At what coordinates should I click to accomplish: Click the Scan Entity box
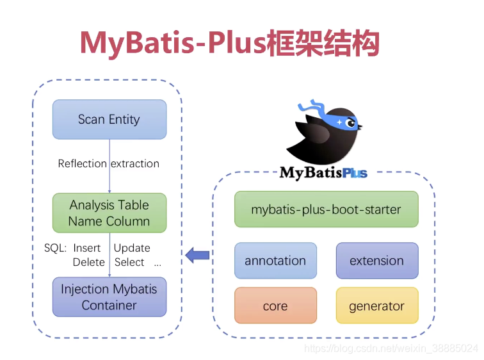(109, 119)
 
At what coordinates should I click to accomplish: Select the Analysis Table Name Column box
(109, 213)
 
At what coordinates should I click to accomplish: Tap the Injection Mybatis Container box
(109, 297)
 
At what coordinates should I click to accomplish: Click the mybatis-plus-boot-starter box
(326, 209)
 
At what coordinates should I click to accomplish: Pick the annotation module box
(275, 261)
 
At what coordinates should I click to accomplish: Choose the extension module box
(376, 261)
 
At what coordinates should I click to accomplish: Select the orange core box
(275, 306)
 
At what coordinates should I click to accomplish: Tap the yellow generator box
(376, 306)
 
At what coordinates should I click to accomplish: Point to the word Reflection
(82, 163)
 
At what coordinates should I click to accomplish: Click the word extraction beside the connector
(135, 163)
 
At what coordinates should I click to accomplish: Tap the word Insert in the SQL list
(87, 248)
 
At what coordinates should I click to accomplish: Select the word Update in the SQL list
(132, 248)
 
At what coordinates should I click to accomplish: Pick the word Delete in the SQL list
(88, 262)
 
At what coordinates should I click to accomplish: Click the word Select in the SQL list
(129, 262)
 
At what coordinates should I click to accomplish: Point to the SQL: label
(56, 248)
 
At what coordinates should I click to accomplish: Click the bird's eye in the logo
(350, 122)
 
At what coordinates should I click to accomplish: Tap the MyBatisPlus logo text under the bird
(323, 172)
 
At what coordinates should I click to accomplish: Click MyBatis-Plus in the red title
(173, 43)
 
